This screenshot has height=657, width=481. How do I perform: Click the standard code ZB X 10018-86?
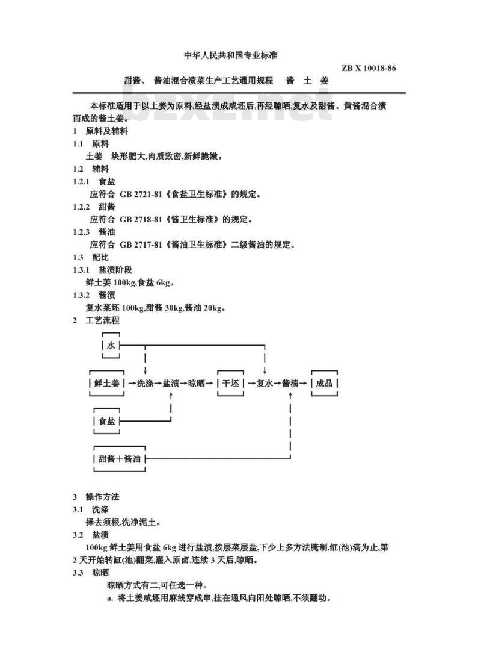coord(369,68)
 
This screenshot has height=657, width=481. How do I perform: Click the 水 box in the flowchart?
coord(111,345)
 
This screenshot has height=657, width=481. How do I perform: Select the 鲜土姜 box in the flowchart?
coord(106,383)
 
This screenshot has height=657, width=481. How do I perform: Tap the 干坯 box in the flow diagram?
coord(230,383)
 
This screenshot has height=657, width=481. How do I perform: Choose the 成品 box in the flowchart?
coord(324,383)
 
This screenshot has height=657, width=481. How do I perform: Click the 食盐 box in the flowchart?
coord(106,421)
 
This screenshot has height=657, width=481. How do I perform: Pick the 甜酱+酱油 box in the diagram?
coord(120,459)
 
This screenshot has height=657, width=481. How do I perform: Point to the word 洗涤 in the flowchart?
coord(145,383)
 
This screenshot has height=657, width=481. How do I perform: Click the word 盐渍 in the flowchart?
coord(171,383)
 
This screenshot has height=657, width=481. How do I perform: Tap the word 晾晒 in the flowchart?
coord(196,383)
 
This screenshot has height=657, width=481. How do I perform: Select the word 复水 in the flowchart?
coord(265,383)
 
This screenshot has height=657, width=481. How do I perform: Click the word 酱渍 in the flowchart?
coord(290,383)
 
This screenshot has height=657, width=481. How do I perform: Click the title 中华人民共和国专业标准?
coord(230,55)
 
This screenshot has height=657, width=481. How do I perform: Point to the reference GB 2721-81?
coord(141,194)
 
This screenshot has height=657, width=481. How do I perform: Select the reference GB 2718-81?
coord(141,219)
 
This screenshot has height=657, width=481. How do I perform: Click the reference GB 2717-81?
coord(141,244)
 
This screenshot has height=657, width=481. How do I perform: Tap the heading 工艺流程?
coord(102,320)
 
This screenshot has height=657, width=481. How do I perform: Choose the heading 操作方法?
coord(102,497)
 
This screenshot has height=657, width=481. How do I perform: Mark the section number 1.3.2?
coord(81,295)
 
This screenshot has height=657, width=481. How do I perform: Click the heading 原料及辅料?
coord(106,131)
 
